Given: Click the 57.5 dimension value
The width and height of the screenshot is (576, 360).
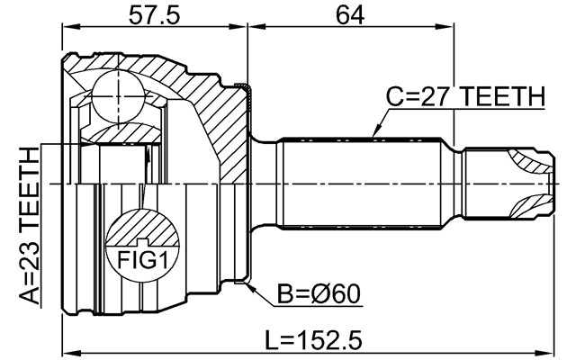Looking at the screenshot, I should coord(154,15).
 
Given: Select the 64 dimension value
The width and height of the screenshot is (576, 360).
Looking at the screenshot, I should coord(349,15).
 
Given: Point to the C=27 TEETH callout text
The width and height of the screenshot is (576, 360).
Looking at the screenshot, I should coord(464,95).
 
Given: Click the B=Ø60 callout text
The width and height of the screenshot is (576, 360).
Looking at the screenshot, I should coord(319,294).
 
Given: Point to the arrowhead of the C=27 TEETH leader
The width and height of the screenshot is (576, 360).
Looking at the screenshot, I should coord(373,136).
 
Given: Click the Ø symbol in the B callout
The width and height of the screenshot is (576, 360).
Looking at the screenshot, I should coord(325,294).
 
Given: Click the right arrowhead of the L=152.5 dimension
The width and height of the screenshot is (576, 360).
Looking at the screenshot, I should coord(548,345).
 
